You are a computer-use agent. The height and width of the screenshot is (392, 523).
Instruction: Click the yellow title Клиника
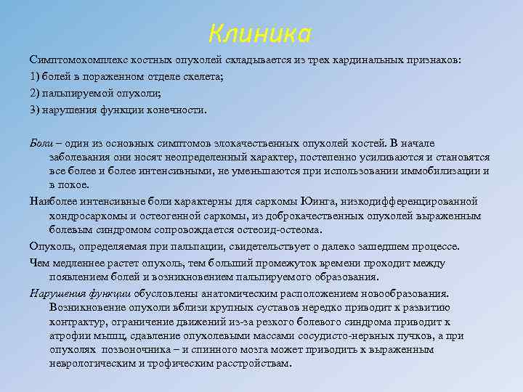(x=259, y=33)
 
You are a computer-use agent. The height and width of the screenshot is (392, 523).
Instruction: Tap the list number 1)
(x=36, y=77)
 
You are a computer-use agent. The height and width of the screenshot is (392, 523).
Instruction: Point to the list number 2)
(x=36, y=94)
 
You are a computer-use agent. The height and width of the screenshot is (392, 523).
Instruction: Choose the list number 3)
(x=36, y=110)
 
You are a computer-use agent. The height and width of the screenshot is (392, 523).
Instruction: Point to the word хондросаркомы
(x=86, y=216)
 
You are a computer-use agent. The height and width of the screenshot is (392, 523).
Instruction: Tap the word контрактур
(x=78, y=322)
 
